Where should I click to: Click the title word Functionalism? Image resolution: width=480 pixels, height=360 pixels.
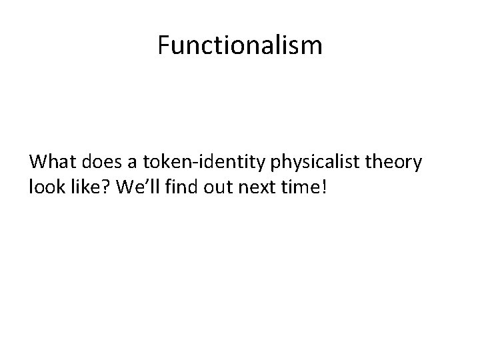(x=240, y=45)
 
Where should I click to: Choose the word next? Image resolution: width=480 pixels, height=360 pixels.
(x=251, y=188)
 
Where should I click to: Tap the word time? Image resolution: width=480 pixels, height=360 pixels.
(x=296, y=188)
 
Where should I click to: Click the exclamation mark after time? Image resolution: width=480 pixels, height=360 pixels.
(x=325, y=188)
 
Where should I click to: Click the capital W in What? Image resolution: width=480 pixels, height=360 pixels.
(x=38, y=163)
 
